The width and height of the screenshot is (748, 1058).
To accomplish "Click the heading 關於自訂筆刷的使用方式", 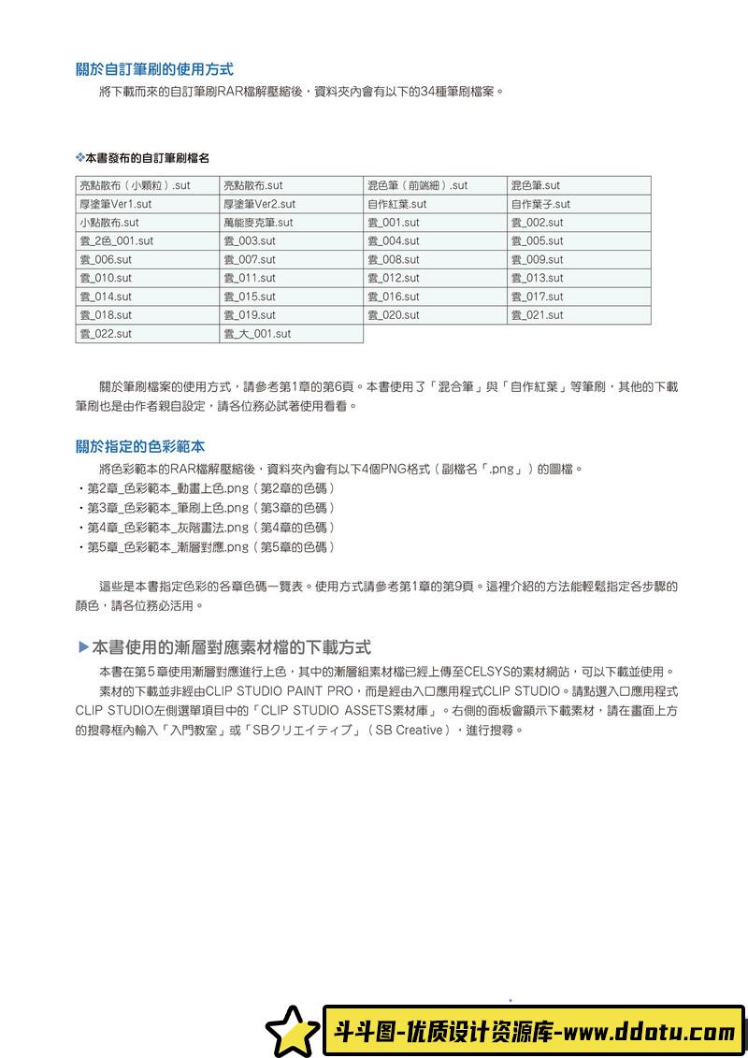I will click(154, 69).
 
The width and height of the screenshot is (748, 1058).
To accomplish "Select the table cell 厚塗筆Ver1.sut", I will click(147, 204).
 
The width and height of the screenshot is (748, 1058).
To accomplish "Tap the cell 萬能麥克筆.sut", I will click(291, 223).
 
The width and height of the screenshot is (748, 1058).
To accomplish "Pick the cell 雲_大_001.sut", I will click(291, 334).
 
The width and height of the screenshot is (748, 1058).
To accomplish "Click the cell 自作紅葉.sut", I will click(435, 204).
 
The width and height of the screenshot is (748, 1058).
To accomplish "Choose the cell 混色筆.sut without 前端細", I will click(579, 185).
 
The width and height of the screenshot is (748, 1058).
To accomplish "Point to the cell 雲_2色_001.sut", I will click(147, 241).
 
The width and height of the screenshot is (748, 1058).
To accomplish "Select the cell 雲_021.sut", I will click(579, 315).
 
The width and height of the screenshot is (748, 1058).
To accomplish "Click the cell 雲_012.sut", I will click(435, 278).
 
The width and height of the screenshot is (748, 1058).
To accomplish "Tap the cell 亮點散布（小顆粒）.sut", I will click(147, 185).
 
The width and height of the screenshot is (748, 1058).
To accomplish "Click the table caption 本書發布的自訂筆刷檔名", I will click(146, 160).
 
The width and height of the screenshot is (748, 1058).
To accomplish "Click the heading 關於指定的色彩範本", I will click(140, 446).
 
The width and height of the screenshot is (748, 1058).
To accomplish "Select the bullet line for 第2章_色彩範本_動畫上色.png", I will click(206, 488).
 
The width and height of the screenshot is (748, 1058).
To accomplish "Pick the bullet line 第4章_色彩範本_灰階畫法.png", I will click(206, 528).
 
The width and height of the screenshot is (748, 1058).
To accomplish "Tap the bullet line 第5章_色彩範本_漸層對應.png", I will click(206, 547).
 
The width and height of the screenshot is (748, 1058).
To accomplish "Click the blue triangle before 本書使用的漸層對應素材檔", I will click(82, 646).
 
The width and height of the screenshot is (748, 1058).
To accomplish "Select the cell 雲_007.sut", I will click(291, 260).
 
